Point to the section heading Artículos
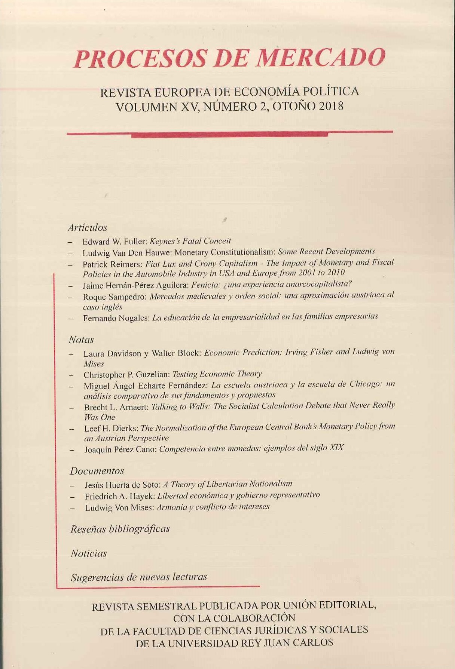pos(88,227)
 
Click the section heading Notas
pos(81,340)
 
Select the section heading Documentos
pos(97,471)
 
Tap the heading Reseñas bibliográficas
pos(120,529)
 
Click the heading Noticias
pos(89,553)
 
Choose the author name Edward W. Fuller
pos(114,242)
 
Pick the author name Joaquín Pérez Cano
pos(120,449)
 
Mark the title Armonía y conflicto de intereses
pos(213,507)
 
